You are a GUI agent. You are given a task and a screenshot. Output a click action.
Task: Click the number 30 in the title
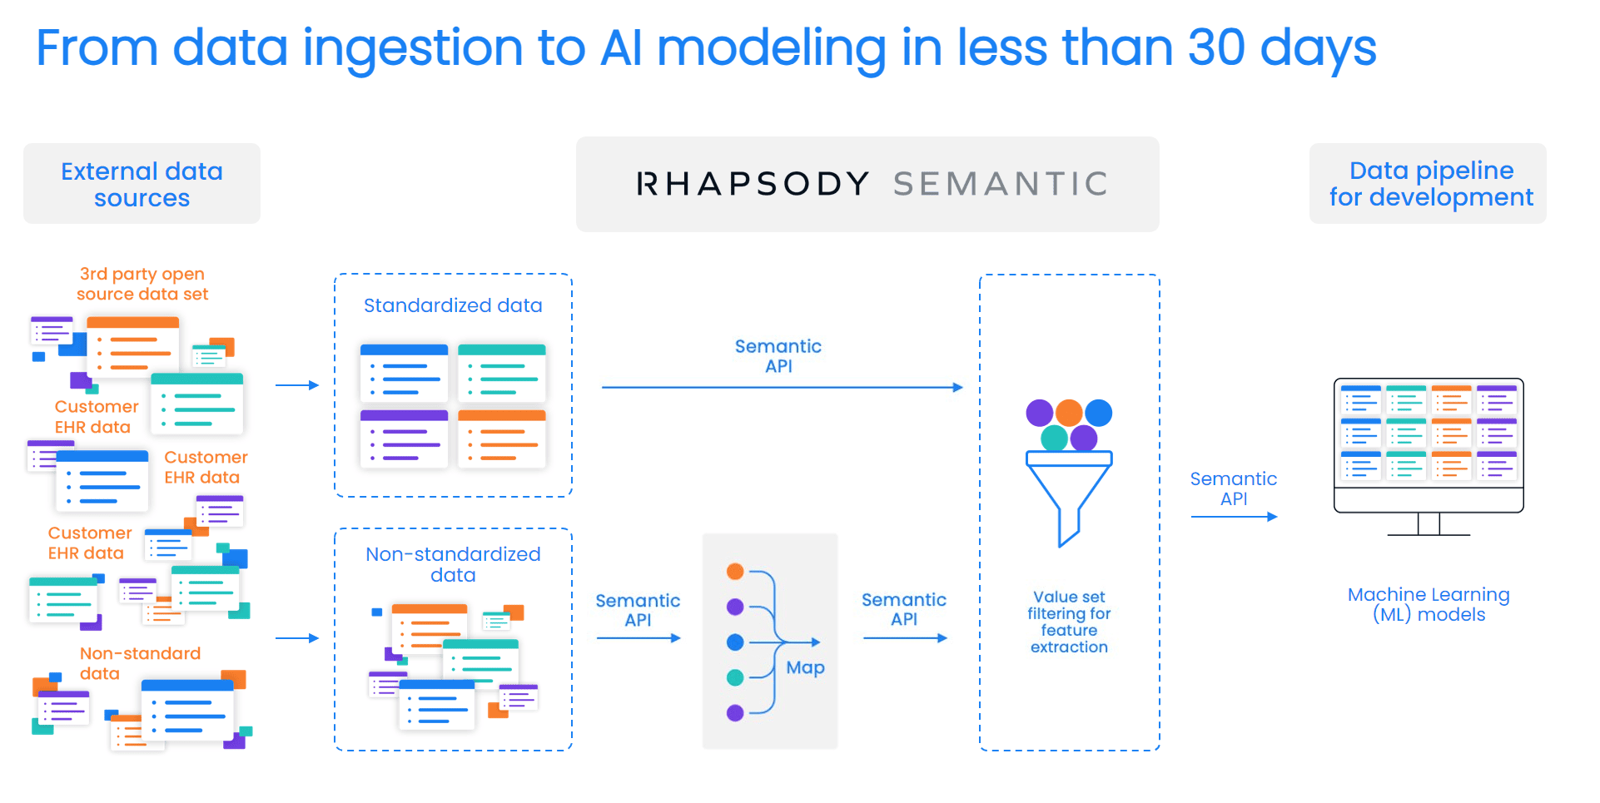coord(1215,47)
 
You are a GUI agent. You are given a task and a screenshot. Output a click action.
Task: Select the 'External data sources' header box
coord(142,184)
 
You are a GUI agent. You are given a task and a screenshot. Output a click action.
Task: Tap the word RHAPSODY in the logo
coord(753,184)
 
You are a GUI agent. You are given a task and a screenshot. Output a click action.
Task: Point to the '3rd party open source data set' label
coord(142,284)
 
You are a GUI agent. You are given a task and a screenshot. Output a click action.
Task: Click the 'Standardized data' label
coord(453,305)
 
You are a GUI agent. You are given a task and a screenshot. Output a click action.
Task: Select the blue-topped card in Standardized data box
coord(404,373)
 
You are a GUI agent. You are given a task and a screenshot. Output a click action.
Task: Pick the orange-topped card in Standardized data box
coord(502,438)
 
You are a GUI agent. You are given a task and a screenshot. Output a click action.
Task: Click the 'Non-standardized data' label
coord(453,564)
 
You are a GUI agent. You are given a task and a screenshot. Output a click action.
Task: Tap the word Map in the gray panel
coord(805,667)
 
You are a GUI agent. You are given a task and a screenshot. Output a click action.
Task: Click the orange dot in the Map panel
coord(735,571)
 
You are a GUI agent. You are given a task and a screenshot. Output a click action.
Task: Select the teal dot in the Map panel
coord(735,677)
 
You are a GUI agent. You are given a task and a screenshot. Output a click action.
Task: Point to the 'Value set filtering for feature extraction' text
coord(1069,622)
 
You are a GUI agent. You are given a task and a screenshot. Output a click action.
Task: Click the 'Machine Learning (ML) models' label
coord(1429,604)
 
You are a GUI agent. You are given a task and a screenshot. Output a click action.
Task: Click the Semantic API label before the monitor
coord(1233,488)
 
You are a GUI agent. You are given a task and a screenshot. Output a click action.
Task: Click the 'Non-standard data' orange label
coord(140,663)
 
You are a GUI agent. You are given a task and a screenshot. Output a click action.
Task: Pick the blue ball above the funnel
coord(1099,412)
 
